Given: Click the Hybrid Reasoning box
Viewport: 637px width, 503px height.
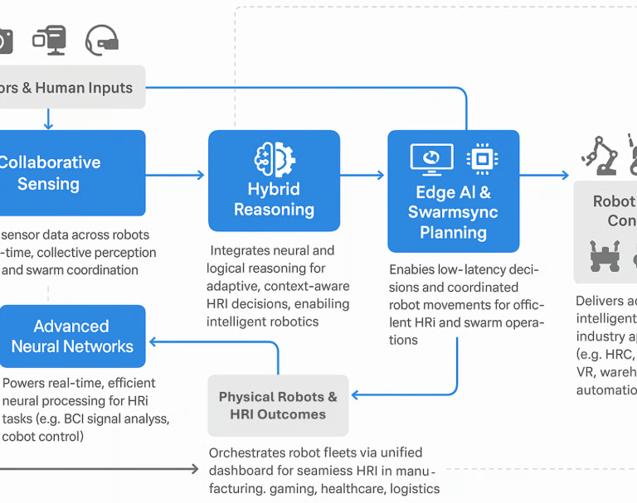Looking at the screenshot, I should (x=274, y=181).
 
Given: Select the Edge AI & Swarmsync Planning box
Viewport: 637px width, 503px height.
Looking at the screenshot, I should (x=453, y=191).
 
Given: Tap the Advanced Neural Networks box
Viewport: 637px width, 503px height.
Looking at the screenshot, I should (x=72, y=336).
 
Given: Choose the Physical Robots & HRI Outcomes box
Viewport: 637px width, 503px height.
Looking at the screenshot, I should (x=278, y=405).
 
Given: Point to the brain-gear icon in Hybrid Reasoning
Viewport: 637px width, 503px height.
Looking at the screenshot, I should (x=274, y=157).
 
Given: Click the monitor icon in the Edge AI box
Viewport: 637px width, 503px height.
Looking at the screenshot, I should (x=432, y=158).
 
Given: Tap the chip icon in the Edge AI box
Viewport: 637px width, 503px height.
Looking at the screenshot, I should (x=481, y=157).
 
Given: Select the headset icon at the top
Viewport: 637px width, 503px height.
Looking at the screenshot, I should (x=102, y=39).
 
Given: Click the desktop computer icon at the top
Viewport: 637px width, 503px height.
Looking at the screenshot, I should (x=50, y=39).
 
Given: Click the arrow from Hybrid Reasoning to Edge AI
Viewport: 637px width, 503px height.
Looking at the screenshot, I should (x=362, y=175).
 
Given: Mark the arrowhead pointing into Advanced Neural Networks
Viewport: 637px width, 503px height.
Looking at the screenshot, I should (x=153, y=341).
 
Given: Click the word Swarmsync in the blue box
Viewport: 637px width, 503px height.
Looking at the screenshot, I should (x=453, y=212).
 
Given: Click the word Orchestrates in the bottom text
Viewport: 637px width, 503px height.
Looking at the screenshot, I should (x=252, y=453).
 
